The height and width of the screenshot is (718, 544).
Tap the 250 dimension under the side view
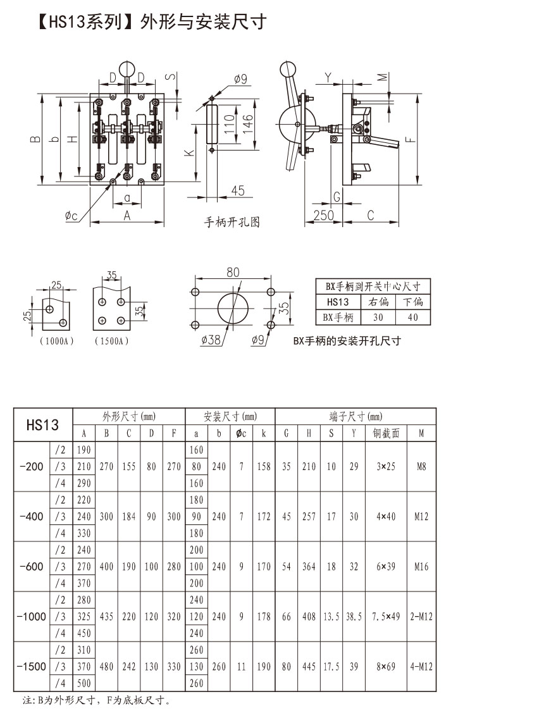pos(323,215)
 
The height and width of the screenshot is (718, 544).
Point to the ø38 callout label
pos(211,340)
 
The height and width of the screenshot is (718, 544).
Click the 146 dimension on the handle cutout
pos(247,123)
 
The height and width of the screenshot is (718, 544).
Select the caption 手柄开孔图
pos(232,223)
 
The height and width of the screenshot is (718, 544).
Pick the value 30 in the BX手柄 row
pos(378,318)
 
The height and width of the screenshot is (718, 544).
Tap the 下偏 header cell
pos(412,302)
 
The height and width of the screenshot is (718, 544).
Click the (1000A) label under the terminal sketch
pos(57,341)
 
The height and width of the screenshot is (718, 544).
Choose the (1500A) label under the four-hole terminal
pos(112,341)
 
